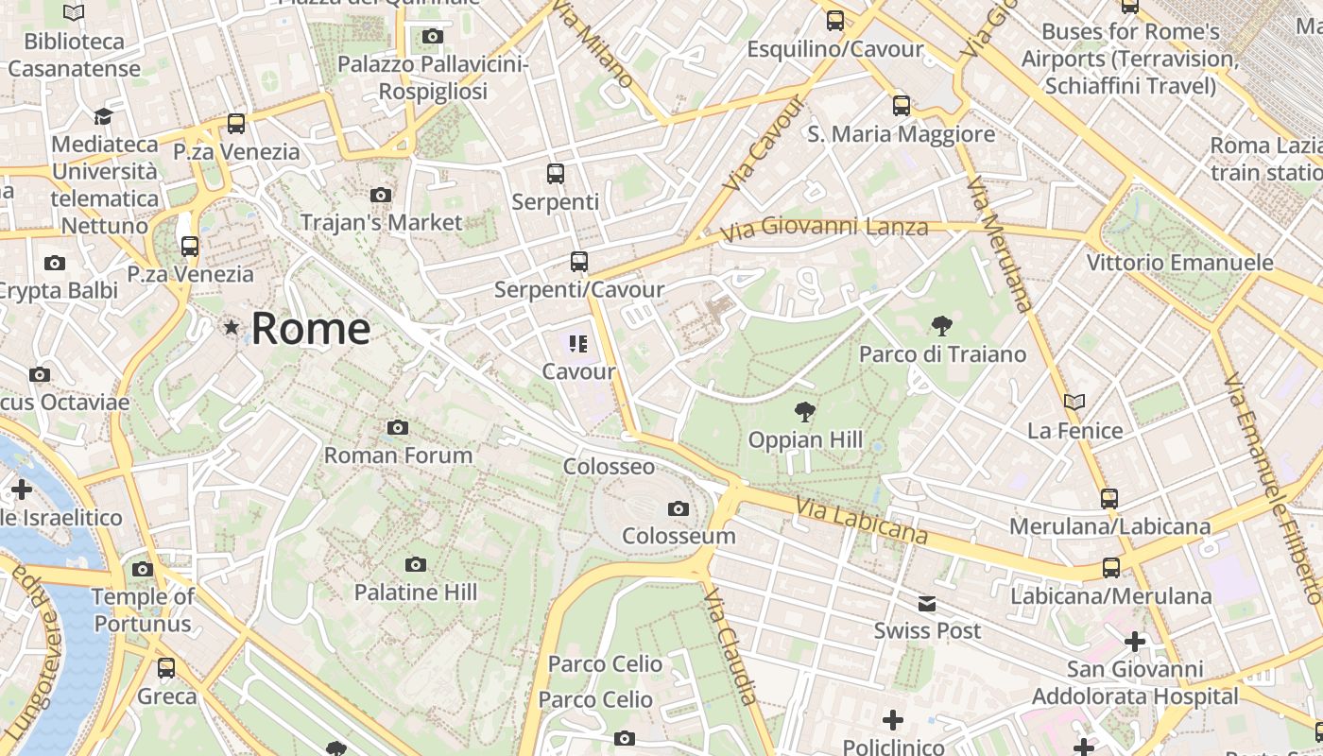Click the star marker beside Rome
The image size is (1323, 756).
pos(232,327)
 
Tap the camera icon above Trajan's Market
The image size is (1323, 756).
pos(381,196)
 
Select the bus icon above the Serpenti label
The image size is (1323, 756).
pos(555,174)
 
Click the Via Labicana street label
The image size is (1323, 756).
pos(861,521)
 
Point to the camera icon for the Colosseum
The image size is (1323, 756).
pos(678,509)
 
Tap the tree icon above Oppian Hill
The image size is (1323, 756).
pos(805,411)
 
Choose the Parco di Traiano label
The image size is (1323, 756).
pos(942,354)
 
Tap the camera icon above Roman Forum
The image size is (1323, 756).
pos(398,428)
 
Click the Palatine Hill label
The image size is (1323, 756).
pos(415,593)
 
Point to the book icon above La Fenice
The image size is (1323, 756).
pos(1074,402)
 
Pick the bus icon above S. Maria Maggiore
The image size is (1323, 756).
pos(902,106)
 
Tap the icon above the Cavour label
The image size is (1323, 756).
pos(578,344)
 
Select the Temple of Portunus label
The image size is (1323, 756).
pos(143,610)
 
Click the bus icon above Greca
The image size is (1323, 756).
pos(166,668)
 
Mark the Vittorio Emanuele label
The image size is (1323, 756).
pos(1180,263)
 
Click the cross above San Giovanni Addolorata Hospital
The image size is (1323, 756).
pos(1135,643)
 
